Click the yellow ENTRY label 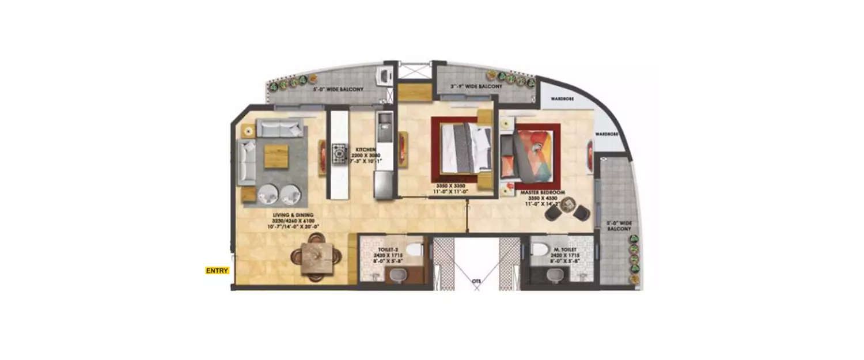tap(217, 270)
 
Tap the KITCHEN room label tap(366, 149)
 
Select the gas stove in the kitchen tap(339, 154)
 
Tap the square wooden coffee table tap(276, 156)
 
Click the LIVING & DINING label tap(293, 215)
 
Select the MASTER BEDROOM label tap(543, 191)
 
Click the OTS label tap(476, 282)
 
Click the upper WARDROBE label tap(560, 98)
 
